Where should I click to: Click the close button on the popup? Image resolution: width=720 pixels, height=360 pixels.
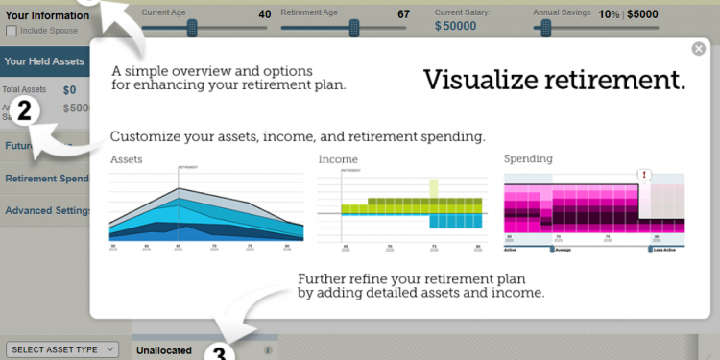point(698,49)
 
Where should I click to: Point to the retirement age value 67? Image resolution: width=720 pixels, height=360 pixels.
point(403,14)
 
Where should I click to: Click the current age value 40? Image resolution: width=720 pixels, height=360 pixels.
point(265,14)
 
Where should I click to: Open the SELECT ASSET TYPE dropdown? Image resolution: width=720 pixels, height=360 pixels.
point(61,348)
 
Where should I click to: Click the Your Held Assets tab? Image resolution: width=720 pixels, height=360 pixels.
point(44,61)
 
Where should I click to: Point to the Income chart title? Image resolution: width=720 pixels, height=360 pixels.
point(338,158)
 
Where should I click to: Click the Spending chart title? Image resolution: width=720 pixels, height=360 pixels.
point(529,158)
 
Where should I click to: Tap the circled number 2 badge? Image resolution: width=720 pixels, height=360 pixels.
point(26,108)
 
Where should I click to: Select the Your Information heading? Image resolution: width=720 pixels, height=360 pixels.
point(47,15)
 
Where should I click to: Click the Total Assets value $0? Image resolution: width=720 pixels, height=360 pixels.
point(69,90)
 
